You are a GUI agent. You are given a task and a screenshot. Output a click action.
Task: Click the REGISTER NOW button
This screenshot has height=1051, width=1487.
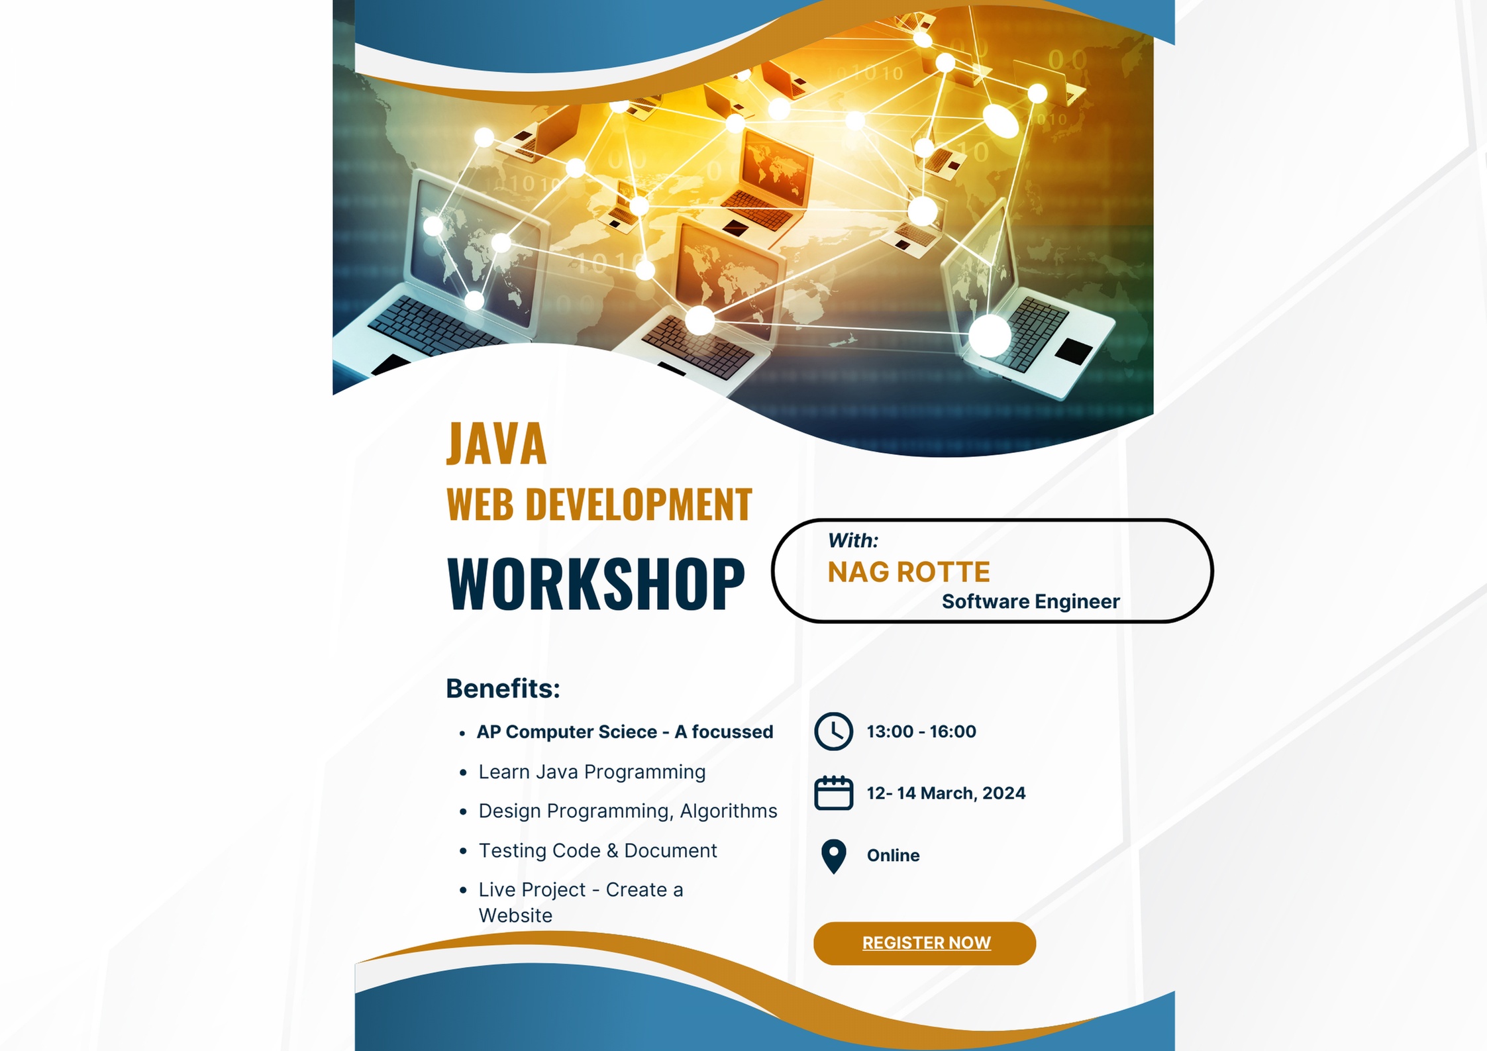924,943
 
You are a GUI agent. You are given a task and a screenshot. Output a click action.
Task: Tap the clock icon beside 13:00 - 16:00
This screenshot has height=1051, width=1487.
833,732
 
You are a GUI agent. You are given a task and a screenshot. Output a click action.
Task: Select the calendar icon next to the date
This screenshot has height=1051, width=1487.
833,793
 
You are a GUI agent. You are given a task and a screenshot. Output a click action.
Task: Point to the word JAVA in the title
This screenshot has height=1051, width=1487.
497,444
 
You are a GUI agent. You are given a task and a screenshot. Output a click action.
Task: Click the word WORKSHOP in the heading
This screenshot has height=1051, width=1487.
596,584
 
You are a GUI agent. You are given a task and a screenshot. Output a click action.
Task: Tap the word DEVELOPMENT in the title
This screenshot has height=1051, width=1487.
639,505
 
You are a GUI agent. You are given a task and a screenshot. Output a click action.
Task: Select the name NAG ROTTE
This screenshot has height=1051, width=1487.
909,572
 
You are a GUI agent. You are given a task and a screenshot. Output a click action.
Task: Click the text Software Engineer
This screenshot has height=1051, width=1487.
1031,601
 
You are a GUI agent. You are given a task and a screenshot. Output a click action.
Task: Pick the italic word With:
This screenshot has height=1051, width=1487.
853,540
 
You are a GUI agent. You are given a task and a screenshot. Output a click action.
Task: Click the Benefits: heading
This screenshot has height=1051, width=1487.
503,689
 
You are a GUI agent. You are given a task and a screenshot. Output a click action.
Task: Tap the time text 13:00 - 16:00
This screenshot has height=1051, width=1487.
921,732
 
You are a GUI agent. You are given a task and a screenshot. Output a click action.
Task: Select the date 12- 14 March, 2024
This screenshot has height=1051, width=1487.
946,793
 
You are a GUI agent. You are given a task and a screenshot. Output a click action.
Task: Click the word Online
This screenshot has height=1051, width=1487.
893,856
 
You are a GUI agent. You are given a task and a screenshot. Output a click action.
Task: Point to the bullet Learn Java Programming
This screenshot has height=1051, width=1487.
592,773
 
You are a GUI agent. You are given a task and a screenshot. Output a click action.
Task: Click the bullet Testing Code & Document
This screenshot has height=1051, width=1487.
597,851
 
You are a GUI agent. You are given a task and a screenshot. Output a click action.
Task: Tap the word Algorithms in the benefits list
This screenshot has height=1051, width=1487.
729,812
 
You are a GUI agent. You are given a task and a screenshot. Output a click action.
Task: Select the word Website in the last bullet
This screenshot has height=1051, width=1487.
515,916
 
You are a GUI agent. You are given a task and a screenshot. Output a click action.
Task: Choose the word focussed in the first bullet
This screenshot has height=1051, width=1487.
733,732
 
